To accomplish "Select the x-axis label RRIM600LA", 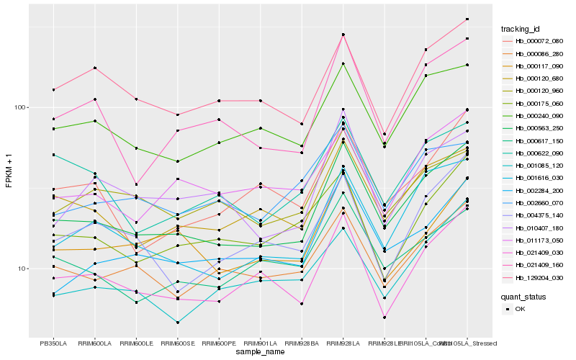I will point(95,343).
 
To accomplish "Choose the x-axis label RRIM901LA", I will point(261,343).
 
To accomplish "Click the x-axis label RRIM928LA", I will point(343,343).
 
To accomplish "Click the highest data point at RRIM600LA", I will point(95,68).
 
